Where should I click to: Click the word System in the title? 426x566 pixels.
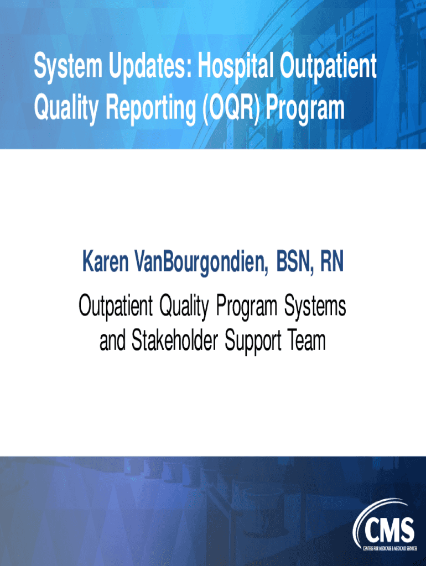pos(68,67)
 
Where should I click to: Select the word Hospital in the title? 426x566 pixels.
pos(236,66)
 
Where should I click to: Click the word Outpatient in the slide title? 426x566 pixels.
pos(329,66)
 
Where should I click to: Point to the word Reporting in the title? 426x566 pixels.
pos(150,108)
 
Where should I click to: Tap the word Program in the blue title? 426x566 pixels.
pos(305,109)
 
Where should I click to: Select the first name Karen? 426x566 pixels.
pos(106,261)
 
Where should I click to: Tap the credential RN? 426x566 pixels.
pos(332,261)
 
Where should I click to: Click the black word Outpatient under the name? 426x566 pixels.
pos(116,306)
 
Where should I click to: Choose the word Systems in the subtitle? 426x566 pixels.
pos(315,306)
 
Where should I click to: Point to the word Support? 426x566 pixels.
pos(253,342)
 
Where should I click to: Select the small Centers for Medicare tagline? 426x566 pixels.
pos(389,549)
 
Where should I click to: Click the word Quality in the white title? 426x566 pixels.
pos(66,108)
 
